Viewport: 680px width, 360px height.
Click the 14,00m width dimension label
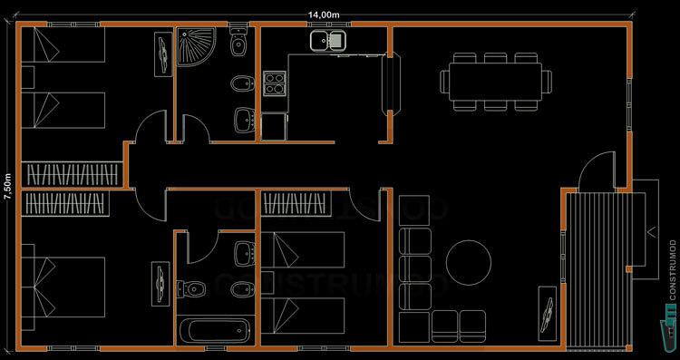(x=325, y=15)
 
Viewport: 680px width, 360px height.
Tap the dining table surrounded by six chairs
(x=494, y=81)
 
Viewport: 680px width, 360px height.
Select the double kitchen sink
(x=328, y=40)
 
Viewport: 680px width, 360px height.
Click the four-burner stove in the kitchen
(x=275, y=83)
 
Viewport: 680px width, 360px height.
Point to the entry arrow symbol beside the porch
(x=651, y=230)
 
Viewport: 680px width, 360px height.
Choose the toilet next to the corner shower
(x=239, y=44)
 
